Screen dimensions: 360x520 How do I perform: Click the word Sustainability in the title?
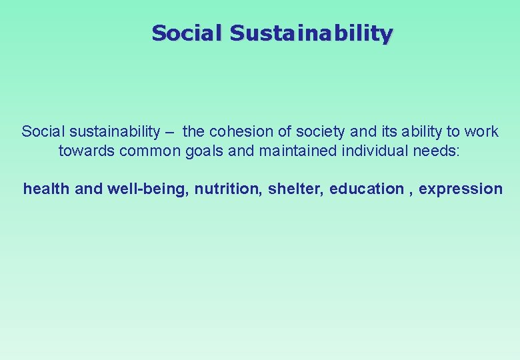311,33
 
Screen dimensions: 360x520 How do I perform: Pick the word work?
482,131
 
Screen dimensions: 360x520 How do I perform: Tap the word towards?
87,151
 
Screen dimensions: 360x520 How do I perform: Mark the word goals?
205,151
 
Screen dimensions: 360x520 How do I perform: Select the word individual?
374,151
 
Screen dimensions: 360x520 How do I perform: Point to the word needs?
435,151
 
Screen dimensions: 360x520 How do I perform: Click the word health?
47,189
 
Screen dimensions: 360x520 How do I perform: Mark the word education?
367,189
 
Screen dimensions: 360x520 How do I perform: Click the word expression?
461,189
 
